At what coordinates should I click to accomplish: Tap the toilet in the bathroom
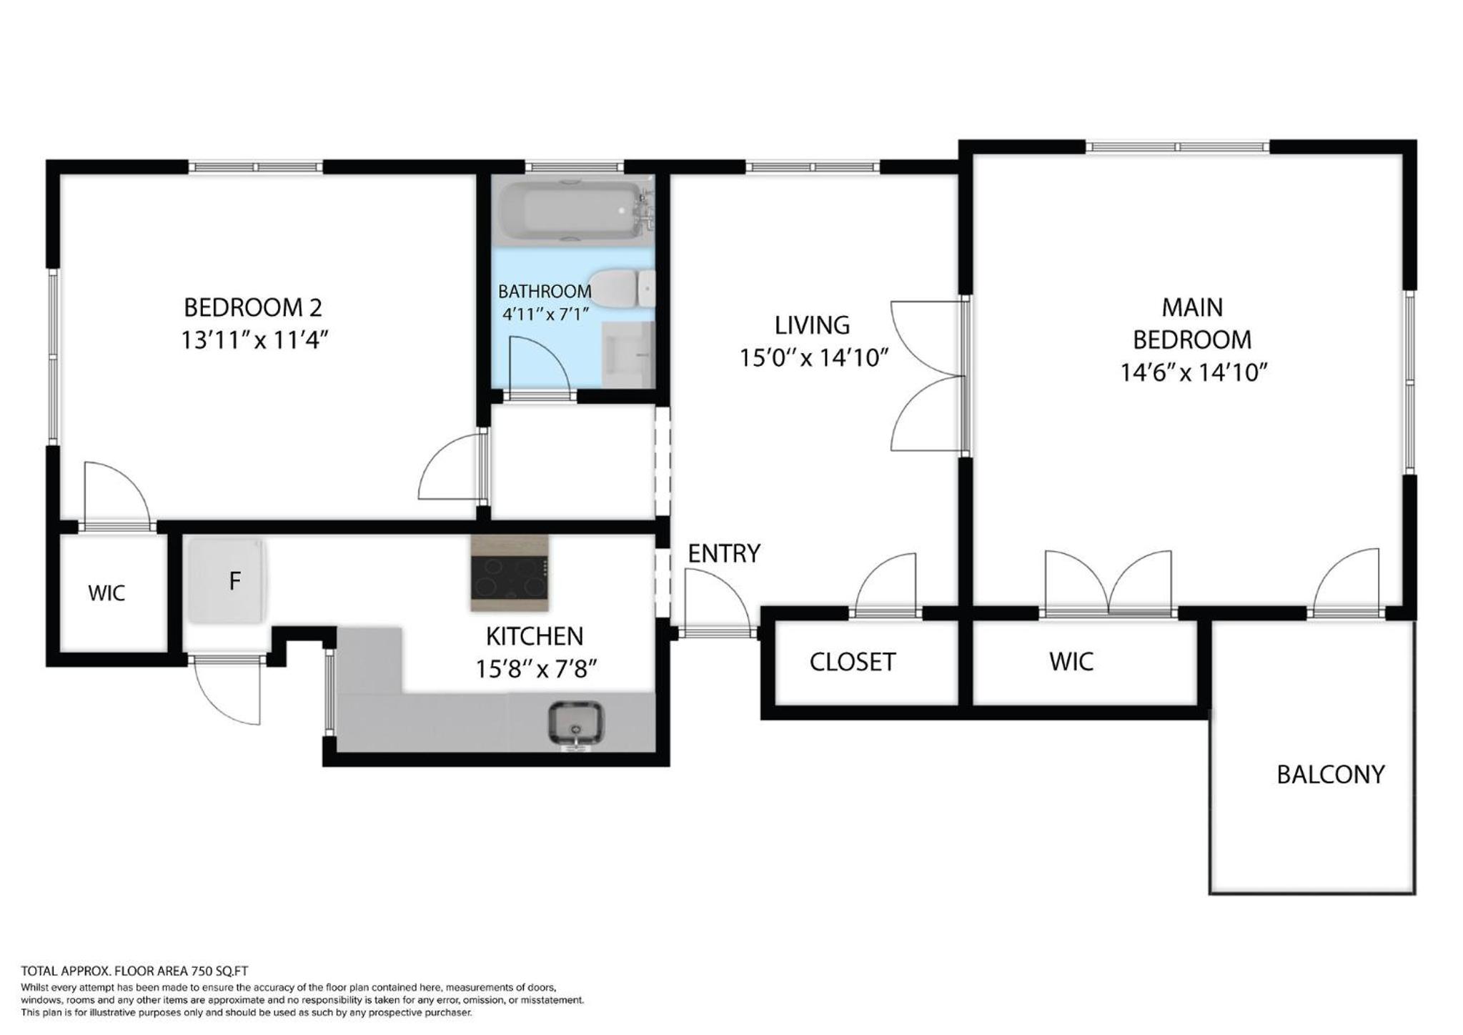[622, 288]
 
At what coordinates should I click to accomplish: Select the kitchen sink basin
[575, 723]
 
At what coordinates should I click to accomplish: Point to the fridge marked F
[227, 581]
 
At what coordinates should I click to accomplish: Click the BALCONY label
[1330, 775]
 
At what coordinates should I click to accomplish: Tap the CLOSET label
[852, 663]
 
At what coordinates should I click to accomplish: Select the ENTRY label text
[723, 553]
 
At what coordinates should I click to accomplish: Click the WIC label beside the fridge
[106, 593]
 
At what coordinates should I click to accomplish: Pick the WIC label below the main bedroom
[1071, 662]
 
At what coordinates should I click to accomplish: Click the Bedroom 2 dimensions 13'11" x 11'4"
[254, 340]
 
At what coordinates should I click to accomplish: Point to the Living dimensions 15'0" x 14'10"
[813, 357]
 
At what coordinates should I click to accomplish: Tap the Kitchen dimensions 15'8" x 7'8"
[536, 668]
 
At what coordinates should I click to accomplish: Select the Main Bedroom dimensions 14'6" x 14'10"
[1193, 372]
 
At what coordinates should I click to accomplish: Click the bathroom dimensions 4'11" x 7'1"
[545, 314]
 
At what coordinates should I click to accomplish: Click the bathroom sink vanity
[628, 355]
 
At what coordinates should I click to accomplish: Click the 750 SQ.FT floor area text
[219, 971]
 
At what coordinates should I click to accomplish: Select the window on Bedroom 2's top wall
[255, 167]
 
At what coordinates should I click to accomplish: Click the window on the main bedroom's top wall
[1177, 147]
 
